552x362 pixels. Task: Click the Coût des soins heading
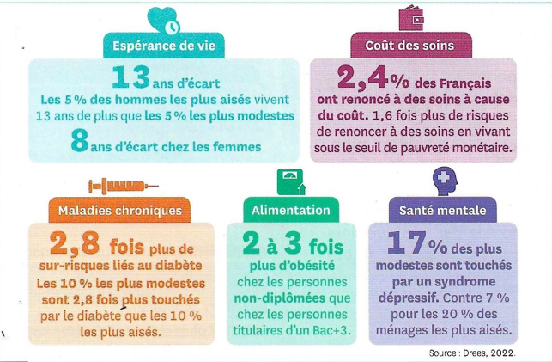point(415,46)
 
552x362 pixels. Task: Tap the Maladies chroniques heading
point(121,211)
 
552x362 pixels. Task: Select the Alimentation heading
point(290,210)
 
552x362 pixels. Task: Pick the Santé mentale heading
point(443,210)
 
